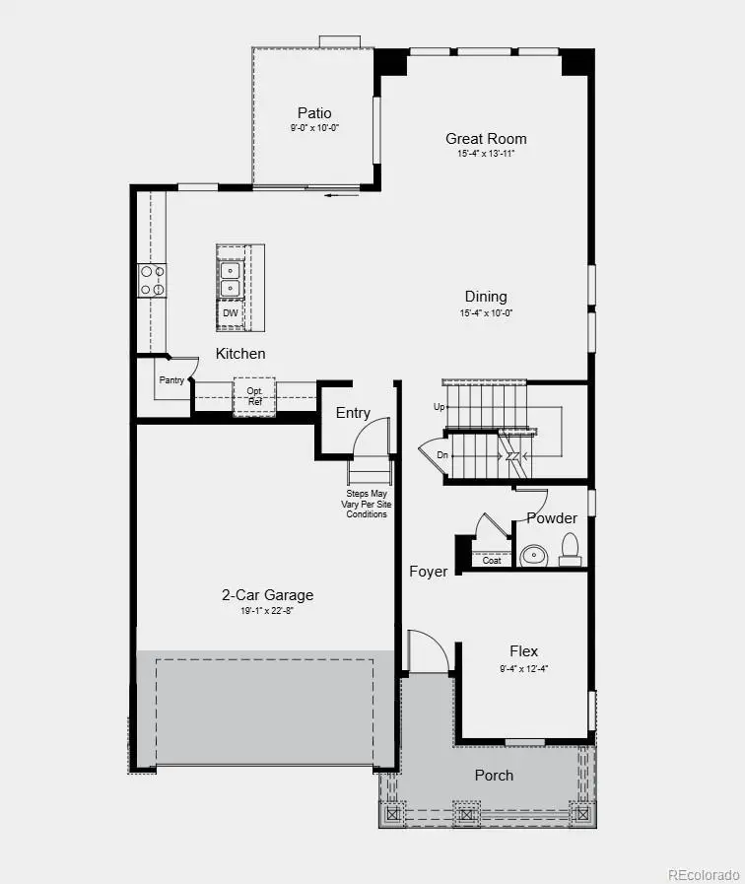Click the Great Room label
486,139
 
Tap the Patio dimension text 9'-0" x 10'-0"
314,128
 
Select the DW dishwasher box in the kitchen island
231,313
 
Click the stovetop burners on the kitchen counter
152,280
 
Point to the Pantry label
170,379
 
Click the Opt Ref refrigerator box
254,395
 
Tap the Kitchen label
240,353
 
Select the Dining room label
486,297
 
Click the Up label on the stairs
440,406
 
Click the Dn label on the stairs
442,455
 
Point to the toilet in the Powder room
570,549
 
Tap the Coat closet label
492,561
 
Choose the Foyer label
429,572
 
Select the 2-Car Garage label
267,594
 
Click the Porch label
494,776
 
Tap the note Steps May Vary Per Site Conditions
366,503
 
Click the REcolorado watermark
703,874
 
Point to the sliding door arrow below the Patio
341,195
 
